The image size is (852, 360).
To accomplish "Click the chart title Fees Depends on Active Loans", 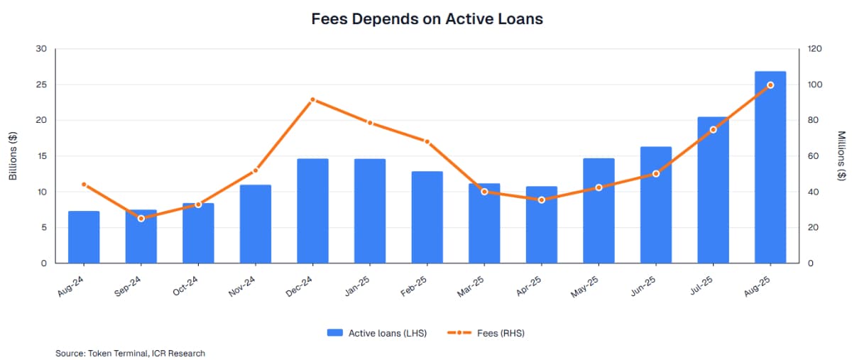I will click(x=427, y=19).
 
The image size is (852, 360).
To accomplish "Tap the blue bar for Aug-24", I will click(x=84, y=237).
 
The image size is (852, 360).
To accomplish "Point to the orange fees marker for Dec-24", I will click(x=312, y=99).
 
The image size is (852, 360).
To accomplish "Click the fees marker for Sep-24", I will click(x=141, y=218).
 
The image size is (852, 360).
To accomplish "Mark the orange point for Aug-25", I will click(x=770, y=85).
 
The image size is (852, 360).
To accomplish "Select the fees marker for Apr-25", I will click(x=542, y=200).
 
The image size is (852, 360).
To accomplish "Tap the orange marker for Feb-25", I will click(x=427, y=141).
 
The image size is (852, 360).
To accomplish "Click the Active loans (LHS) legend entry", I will click(x=377, y=332).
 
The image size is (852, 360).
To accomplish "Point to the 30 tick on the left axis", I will click(x=41, y=49).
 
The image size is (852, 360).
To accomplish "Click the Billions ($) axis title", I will click(x=13, y=156).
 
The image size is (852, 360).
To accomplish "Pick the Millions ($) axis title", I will click(x=841, y=156).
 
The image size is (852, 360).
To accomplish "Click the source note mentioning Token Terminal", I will click(x=130, y=353).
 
